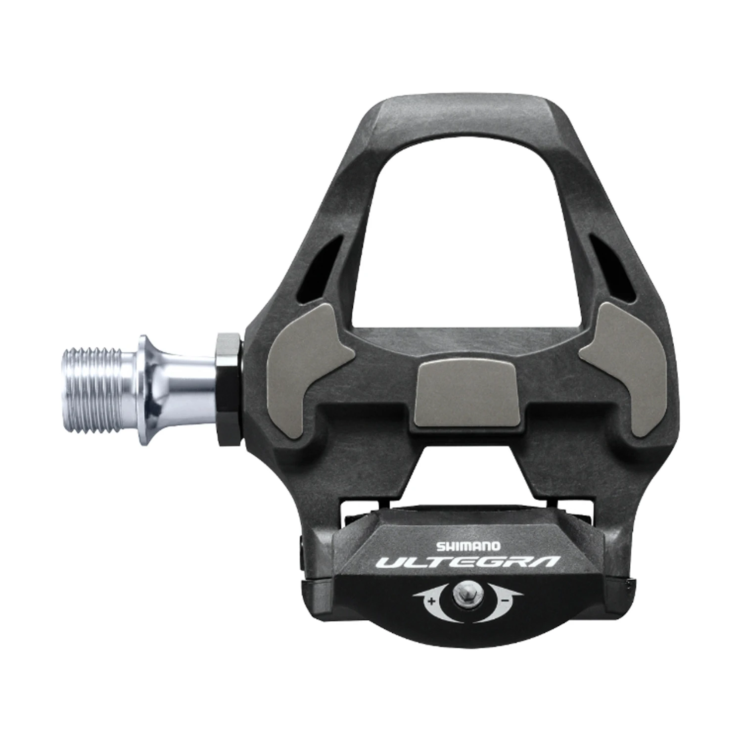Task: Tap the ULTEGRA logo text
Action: [x=467, y=562]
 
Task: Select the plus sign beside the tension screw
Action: [x=432, y=602]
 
